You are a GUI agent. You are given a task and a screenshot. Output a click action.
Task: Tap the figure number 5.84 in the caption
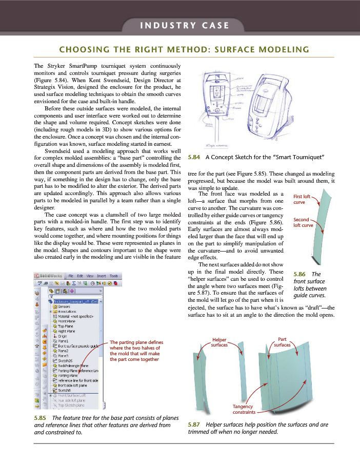tap(195, 158)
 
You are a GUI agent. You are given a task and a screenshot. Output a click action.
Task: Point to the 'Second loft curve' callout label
tap(303, 222)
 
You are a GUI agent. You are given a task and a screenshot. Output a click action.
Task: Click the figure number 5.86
tap(298, 274)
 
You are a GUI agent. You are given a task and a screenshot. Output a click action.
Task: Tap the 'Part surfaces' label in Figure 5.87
tap(282, 342)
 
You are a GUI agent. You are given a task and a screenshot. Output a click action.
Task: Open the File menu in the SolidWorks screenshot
tap(73, 276)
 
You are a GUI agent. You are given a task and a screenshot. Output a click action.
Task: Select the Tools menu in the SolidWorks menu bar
tap(114, 276)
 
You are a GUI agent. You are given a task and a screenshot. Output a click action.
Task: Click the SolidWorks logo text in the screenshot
tap(50, 276)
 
